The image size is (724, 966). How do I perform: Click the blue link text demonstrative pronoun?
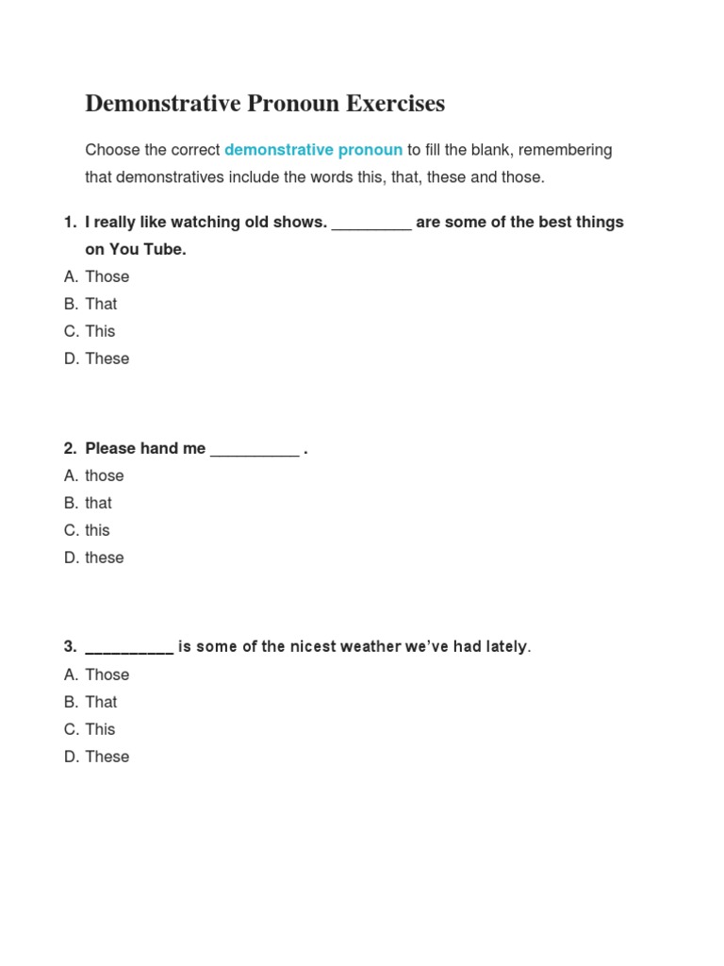click(x=313, y=150)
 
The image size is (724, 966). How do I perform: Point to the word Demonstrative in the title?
click(x=163, y=104)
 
